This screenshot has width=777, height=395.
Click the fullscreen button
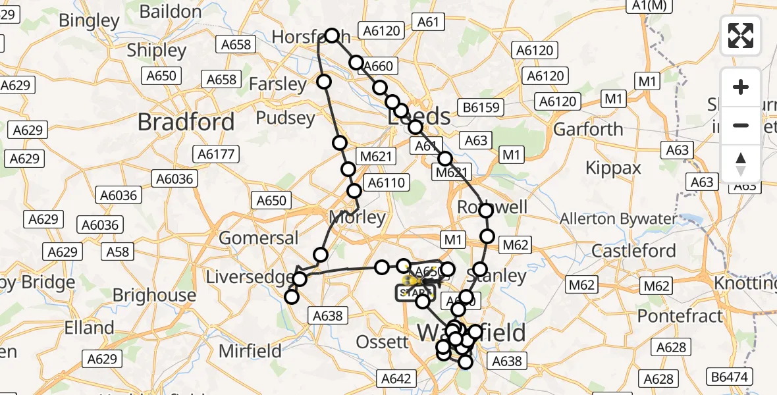[x=741, y=36]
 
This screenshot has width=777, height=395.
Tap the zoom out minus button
[x=741, y=125]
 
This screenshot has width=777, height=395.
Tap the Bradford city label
[x=186, y=122]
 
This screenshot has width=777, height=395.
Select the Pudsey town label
[x=285, y=118]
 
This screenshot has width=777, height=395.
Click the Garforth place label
[x=588, y=129]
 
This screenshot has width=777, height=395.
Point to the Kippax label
[x=613, y=168]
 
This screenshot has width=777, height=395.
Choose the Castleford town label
[x=633, y=251]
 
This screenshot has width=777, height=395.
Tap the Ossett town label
[x=382, y=342]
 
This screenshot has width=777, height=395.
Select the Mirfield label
[x=250, y=351]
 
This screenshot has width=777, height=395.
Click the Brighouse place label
[x=154, y=295]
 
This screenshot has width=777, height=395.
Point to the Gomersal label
[x=259, y=238]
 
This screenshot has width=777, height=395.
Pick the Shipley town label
[x=157, y=50]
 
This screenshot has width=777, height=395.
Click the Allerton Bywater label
[x=618, y=219]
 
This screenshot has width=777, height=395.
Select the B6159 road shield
[x=481, y=107]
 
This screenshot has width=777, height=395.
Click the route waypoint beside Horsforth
[x=332, y=36]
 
